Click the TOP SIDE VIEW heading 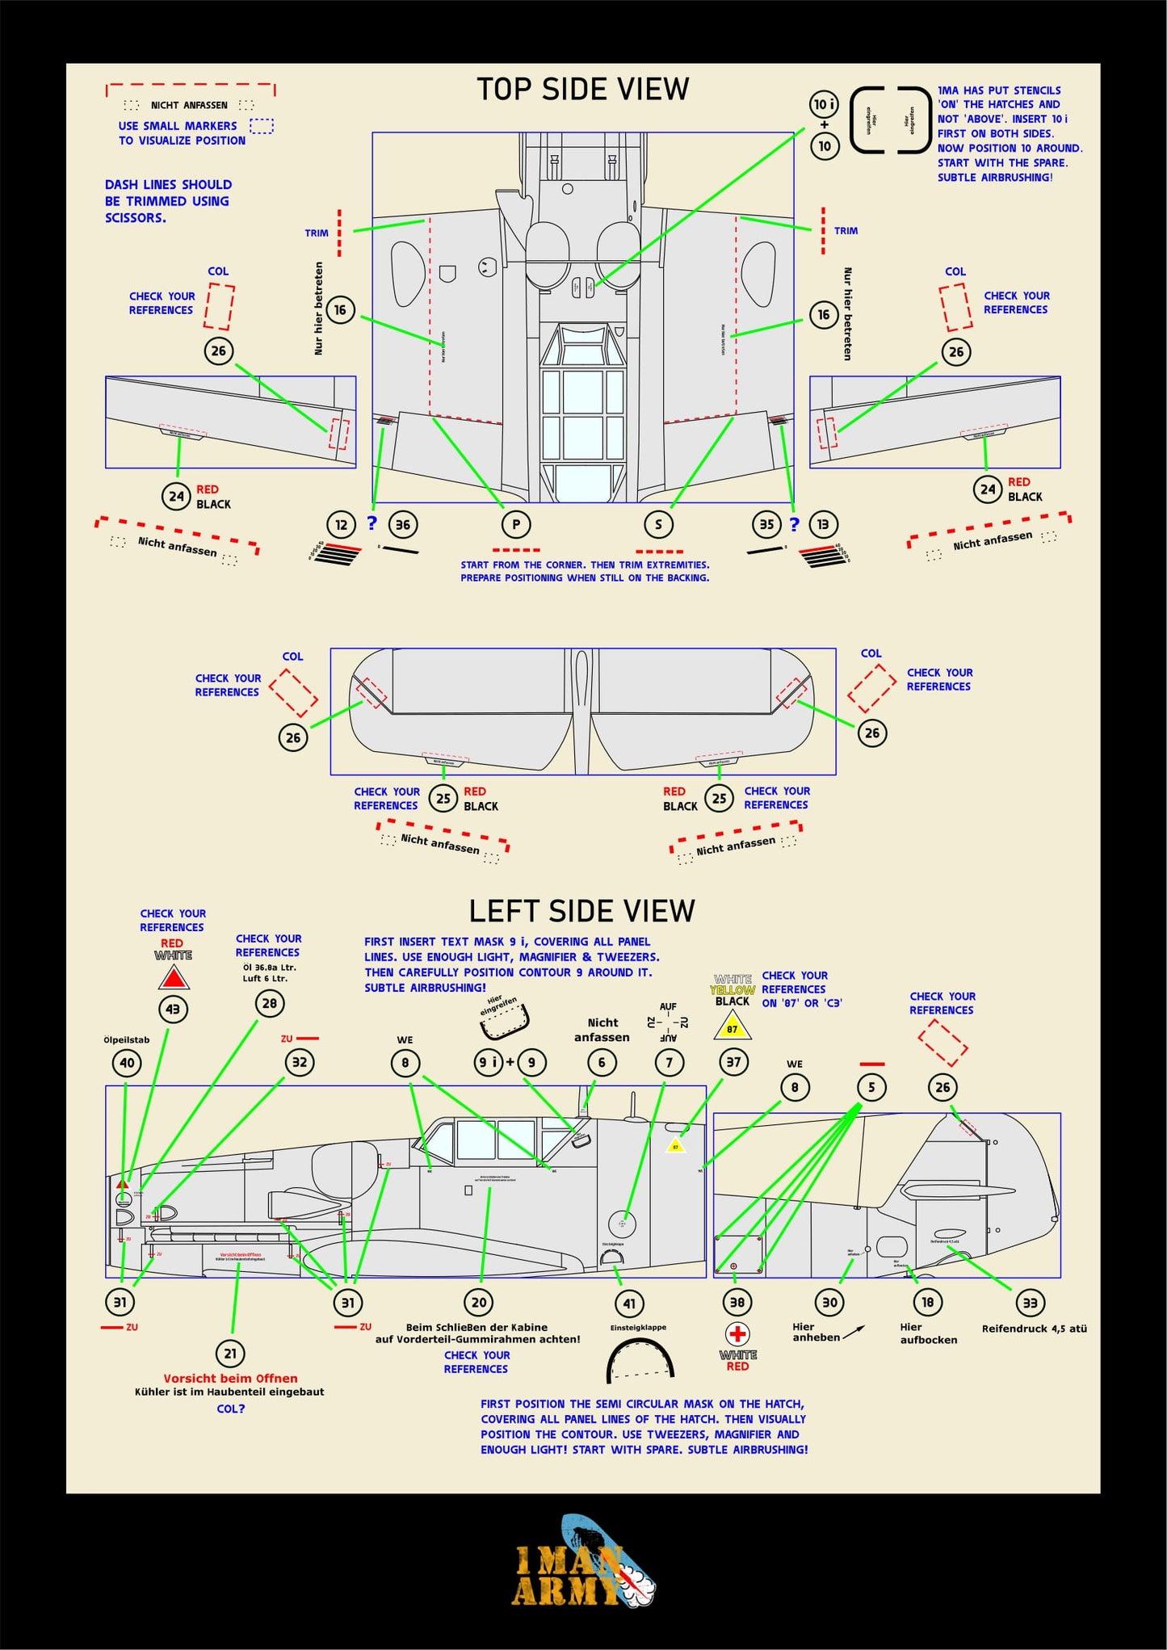pos(582,89)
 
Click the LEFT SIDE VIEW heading pos(581,911)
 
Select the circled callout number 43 pos(173,1010)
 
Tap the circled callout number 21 pos(231,1354)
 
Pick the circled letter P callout pos(516,524)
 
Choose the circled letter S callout pos(658,524)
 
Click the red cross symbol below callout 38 pos(737,1334)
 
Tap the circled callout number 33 pos(1030,1303)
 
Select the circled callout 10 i pos(824,104)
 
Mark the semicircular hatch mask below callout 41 pos(640,1360)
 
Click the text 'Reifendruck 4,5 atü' pos(1034,1329)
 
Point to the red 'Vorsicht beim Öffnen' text pos(230,1379)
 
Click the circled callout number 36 pos(402,524)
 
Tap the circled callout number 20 pos(479,1302)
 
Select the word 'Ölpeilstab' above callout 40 pos(127,1039)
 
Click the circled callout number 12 pos(341,524)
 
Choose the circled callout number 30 pos(829,1302)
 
